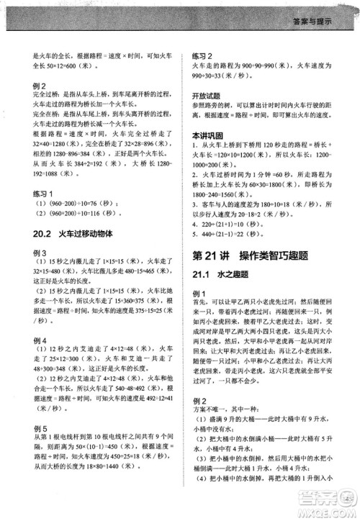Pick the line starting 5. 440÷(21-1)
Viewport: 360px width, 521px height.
(x=230, y=235)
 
